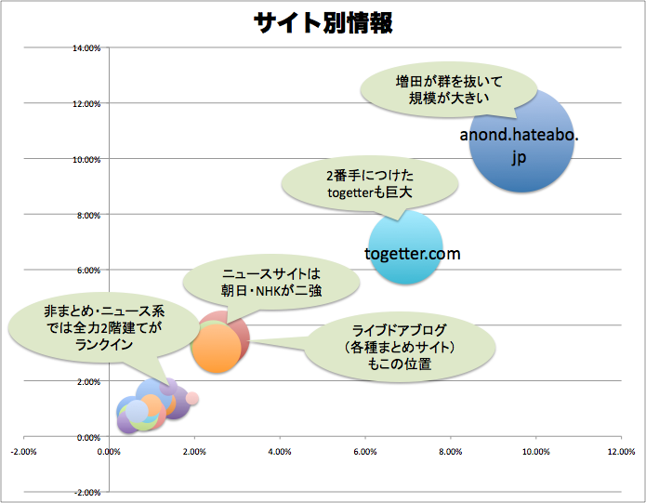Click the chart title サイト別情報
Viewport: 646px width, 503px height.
point(323,23)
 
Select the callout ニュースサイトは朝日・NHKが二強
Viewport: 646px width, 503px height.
point(270,283)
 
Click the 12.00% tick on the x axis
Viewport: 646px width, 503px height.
point(620,453)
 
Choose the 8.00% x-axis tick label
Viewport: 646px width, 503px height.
point(450,453)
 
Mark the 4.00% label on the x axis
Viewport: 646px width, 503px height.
point(280,453)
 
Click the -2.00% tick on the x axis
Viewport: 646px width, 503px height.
point(23,453)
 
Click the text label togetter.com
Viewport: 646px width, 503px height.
point(412,254)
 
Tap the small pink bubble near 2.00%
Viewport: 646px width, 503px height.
point(192,399)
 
